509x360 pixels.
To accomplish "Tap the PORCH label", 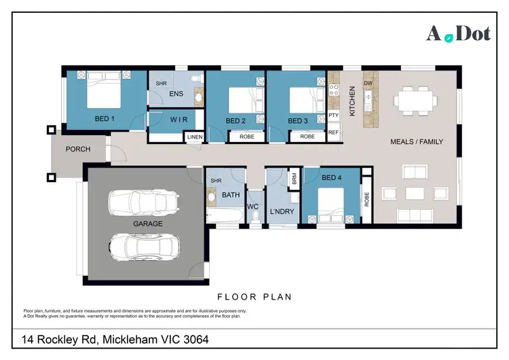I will (x=78, y=149).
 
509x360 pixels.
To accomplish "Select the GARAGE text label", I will (x=147, y=223).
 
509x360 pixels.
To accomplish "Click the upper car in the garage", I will (x=145, y=202).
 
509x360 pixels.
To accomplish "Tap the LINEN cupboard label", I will (x=194, y=137).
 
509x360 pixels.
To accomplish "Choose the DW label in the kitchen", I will (x=369, y=83).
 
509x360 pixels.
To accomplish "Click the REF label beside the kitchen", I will (x=333, y=132).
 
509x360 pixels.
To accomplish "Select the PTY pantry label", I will (x=333, y=115).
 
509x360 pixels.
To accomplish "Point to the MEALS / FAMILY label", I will (x=417, y=142).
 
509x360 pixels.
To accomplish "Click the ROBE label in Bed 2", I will (x=246, y=137).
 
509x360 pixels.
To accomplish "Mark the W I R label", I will (x=178, y=119).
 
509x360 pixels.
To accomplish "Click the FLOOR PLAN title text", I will (x=254, y=296).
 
